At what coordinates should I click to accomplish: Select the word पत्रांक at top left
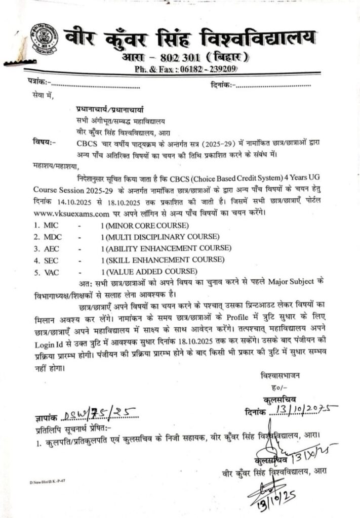click(38, 82)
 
